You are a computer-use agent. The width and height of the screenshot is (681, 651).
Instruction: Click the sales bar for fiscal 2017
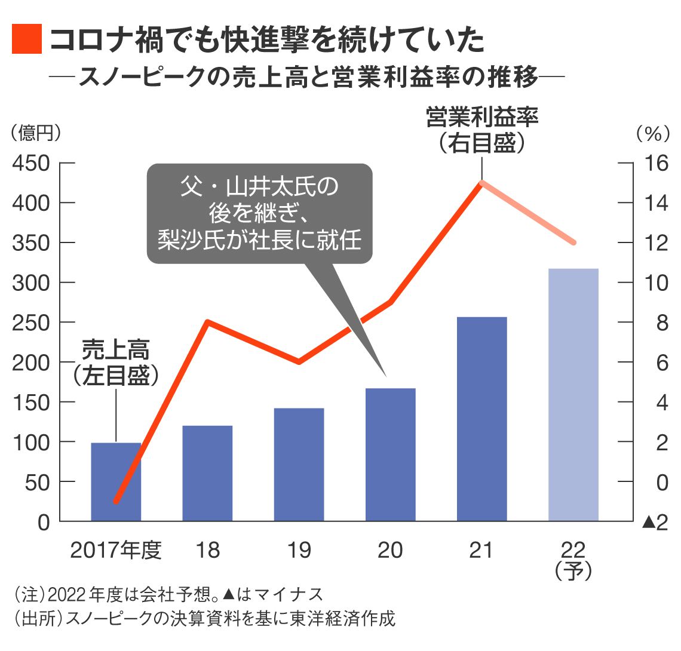coord(116,482)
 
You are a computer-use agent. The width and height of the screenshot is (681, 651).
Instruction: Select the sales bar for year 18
coord(207,473)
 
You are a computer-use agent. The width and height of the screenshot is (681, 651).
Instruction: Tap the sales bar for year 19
coord(299,465)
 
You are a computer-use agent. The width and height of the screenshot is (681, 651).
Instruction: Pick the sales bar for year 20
coord(390,455)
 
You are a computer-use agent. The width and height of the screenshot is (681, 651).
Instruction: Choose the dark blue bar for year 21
coord(481,419)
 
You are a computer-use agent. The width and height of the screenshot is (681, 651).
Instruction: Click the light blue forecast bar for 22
coord(573,395)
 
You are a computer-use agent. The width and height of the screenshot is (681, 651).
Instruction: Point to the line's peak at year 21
coord(481,182)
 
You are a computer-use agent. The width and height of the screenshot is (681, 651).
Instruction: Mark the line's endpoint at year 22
coord(573,242)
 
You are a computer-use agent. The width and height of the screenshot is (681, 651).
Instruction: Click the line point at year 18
coord(207,323)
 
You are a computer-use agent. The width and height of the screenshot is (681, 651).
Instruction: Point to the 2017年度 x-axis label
coord(116,550)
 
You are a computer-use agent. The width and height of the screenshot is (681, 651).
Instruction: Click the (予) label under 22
coord(573,572)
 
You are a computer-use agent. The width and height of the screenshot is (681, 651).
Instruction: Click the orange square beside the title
coord(27,39)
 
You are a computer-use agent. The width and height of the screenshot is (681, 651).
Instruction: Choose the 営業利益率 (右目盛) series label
coord(481,130)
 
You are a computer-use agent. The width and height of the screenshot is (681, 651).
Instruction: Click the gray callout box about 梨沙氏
coord(259,213)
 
